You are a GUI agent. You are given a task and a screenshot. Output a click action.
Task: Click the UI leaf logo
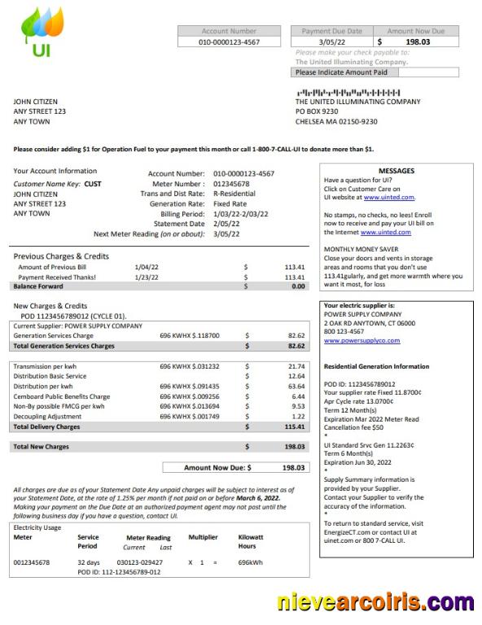click(40, 33)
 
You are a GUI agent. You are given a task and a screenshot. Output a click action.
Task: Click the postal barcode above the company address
click(348, 92)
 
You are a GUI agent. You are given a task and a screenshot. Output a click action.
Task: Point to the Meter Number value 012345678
click(232, 184)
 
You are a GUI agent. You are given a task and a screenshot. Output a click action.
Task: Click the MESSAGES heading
click(397, 171)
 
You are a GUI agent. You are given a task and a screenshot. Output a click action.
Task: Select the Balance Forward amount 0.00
click(297, 286)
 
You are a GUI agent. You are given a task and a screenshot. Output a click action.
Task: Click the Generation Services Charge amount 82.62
click(296, 335)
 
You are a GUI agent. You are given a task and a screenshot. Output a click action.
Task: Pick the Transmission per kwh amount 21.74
click(296, 366)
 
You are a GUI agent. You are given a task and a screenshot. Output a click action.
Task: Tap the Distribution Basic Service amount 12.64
click(296, 376)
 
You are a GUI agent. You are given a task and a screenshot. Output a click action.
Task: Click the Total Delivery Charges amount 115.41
click(295, 426)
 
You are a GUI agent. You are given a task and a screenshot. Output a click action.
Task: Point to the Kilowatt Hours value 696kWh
click(249, 562)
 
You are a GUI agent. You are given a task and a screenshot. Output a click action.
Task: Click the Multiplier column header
click(203, 537)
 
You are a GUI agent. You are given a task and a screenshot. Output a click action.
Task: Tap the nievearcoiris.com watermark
click(375, 603)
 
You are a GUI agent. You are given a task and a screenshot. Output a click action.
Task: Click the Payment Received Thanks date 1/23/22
click(147, 277)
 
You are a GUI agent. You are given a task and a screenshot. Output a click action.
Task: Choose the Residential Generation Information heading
click(376, 366)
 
